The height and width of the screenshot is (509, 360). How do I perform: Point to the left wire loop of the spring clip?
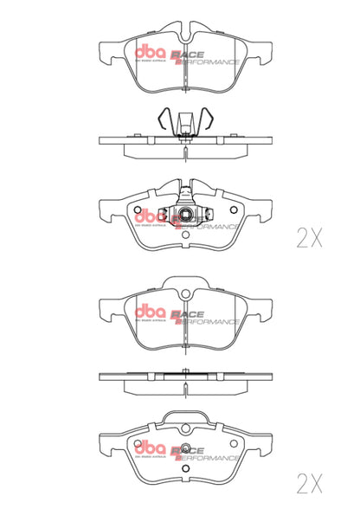pyautogui.click(x=166, y=119)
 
